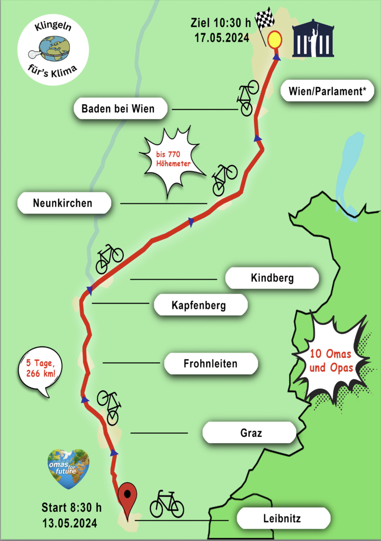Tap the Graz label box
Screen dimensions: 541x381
(250, 433)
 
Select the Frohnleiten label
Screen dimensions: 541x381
(211, 364)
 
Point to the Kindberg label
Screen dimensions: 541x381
(272, 278)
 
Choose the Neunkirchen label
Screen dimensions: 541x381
(63, 203)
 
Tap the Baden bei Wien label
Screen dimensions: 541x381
(118, 108)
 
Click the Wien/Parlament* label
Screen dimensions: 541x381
(327, 91)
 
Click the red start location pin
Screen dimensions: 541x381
(128, 497)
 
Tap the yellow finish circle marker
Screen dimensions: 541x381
(274, 40)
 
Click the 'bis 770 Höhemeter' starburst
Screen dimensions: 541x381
(172, 161)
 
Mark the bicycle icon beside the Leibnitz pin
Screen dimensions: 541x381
(167, 504)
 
